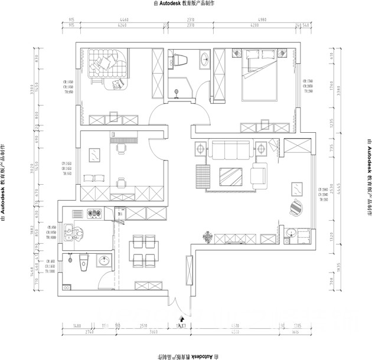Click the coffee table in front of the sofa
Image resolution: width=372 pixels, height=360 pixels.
[x=230, y=176]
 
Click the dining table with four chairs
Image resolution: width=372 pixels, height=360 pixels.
[x=144, y=251]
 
